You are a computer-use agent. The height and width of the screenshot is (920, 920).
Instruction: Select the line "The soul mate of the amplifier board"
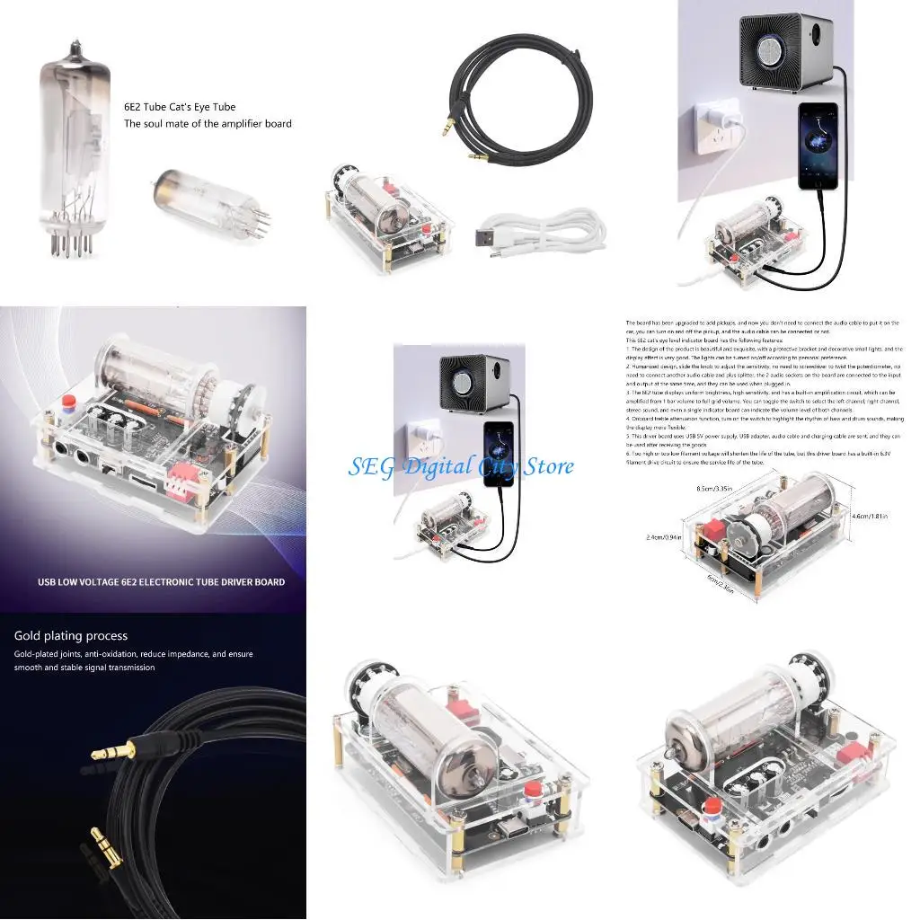point(208,124)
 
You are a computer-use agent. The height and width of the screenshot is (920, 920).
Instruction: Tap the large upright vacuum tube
point(70,144)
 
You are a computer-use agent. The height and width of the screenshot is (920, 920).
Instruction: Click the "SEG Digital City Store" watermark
point(461,466)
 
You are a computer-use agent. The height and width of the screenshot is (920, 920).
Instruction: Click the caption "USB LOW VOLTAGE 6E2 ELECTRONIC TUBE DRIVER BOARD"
point(161,581)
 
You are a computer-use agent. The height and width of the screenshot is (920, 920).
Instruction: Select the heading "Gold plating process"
point(71,636)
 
